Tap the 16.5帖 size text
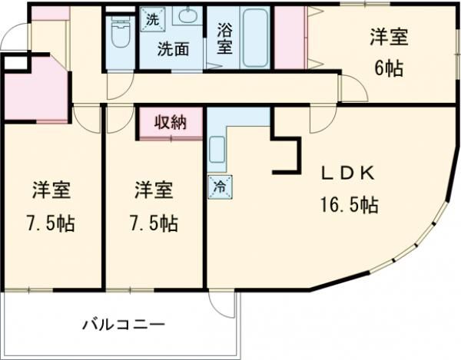(348, 205)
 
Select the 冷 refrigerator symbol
(217, 187)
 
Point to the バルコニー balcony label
(124, 325)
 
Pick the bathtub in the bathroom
(254, 38)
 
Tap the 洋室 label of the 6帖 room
(387, 36)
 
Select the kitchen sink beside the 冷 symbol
(217, 147)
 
